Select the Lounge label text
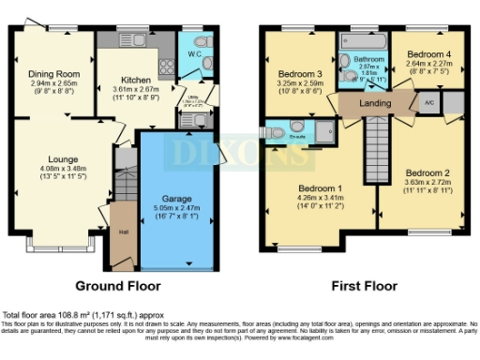click(52, 158)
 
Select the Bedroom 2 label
click(427, 172)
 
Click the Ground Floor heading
click(117, 286)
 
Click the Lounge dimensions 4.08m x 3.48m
click(52, 170)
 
